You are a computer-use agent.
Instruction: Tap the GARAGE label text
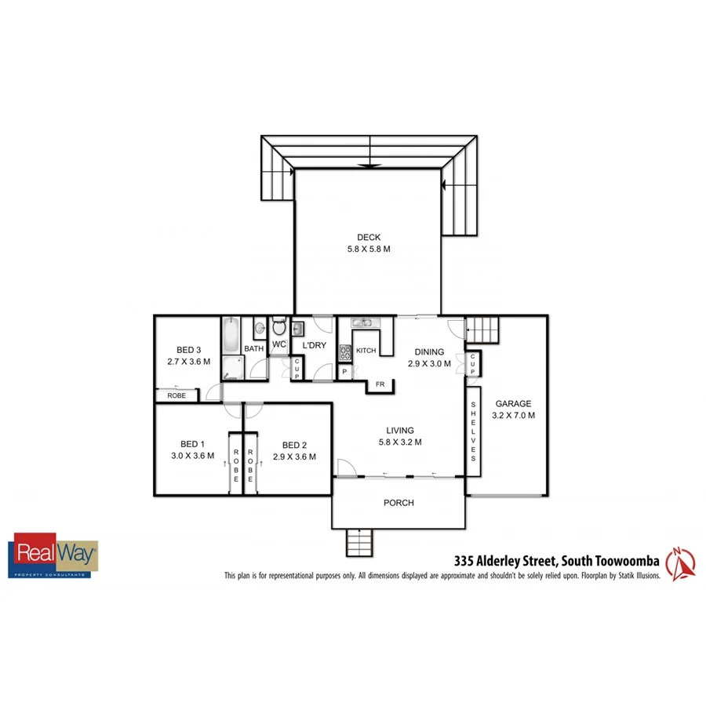tap(513, 404)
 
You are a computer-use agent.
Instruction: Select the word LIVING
tap(399, 430)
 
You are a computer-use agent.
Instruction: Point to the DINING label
tap(430, 352)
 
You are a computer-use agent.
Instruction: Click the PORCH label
tap(398, 503)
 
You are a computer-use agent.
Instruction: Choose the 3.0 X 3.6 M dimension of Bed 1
tap(192, 455)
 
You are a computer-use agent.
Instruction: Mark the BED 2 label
tap(294, 443)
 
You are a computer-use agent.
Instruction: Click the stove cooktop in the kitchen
tap(344, 353)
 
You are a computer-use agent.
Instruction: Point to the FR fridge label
tap(380, 384)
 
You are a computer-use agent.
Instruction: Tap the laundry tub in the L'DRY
tap(297, 327)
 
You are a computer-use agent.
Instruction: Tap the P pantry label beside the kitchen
tap(344, 372)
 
